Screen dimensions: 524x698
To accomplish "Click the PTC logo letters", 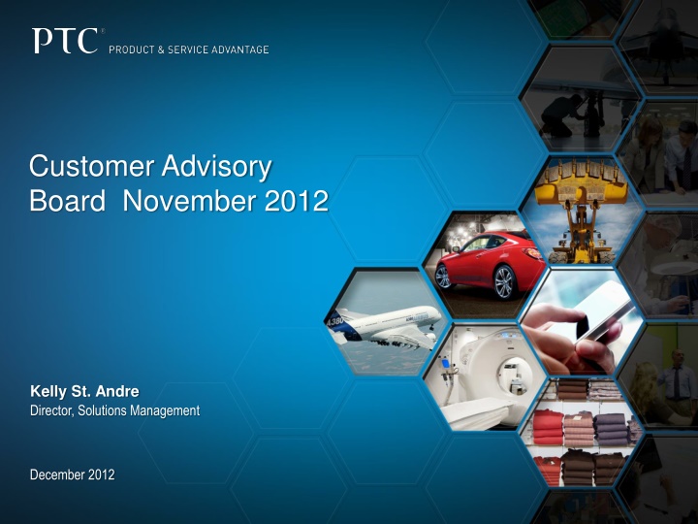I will tap(66, 42).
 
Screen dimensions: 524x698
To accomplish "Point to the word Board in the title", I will tap(64, 202).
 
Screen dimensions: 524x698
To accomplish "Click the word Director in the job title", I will tap(51, 410).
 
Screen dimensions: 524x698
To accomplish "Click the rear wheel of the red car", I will tap(444, 277).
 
